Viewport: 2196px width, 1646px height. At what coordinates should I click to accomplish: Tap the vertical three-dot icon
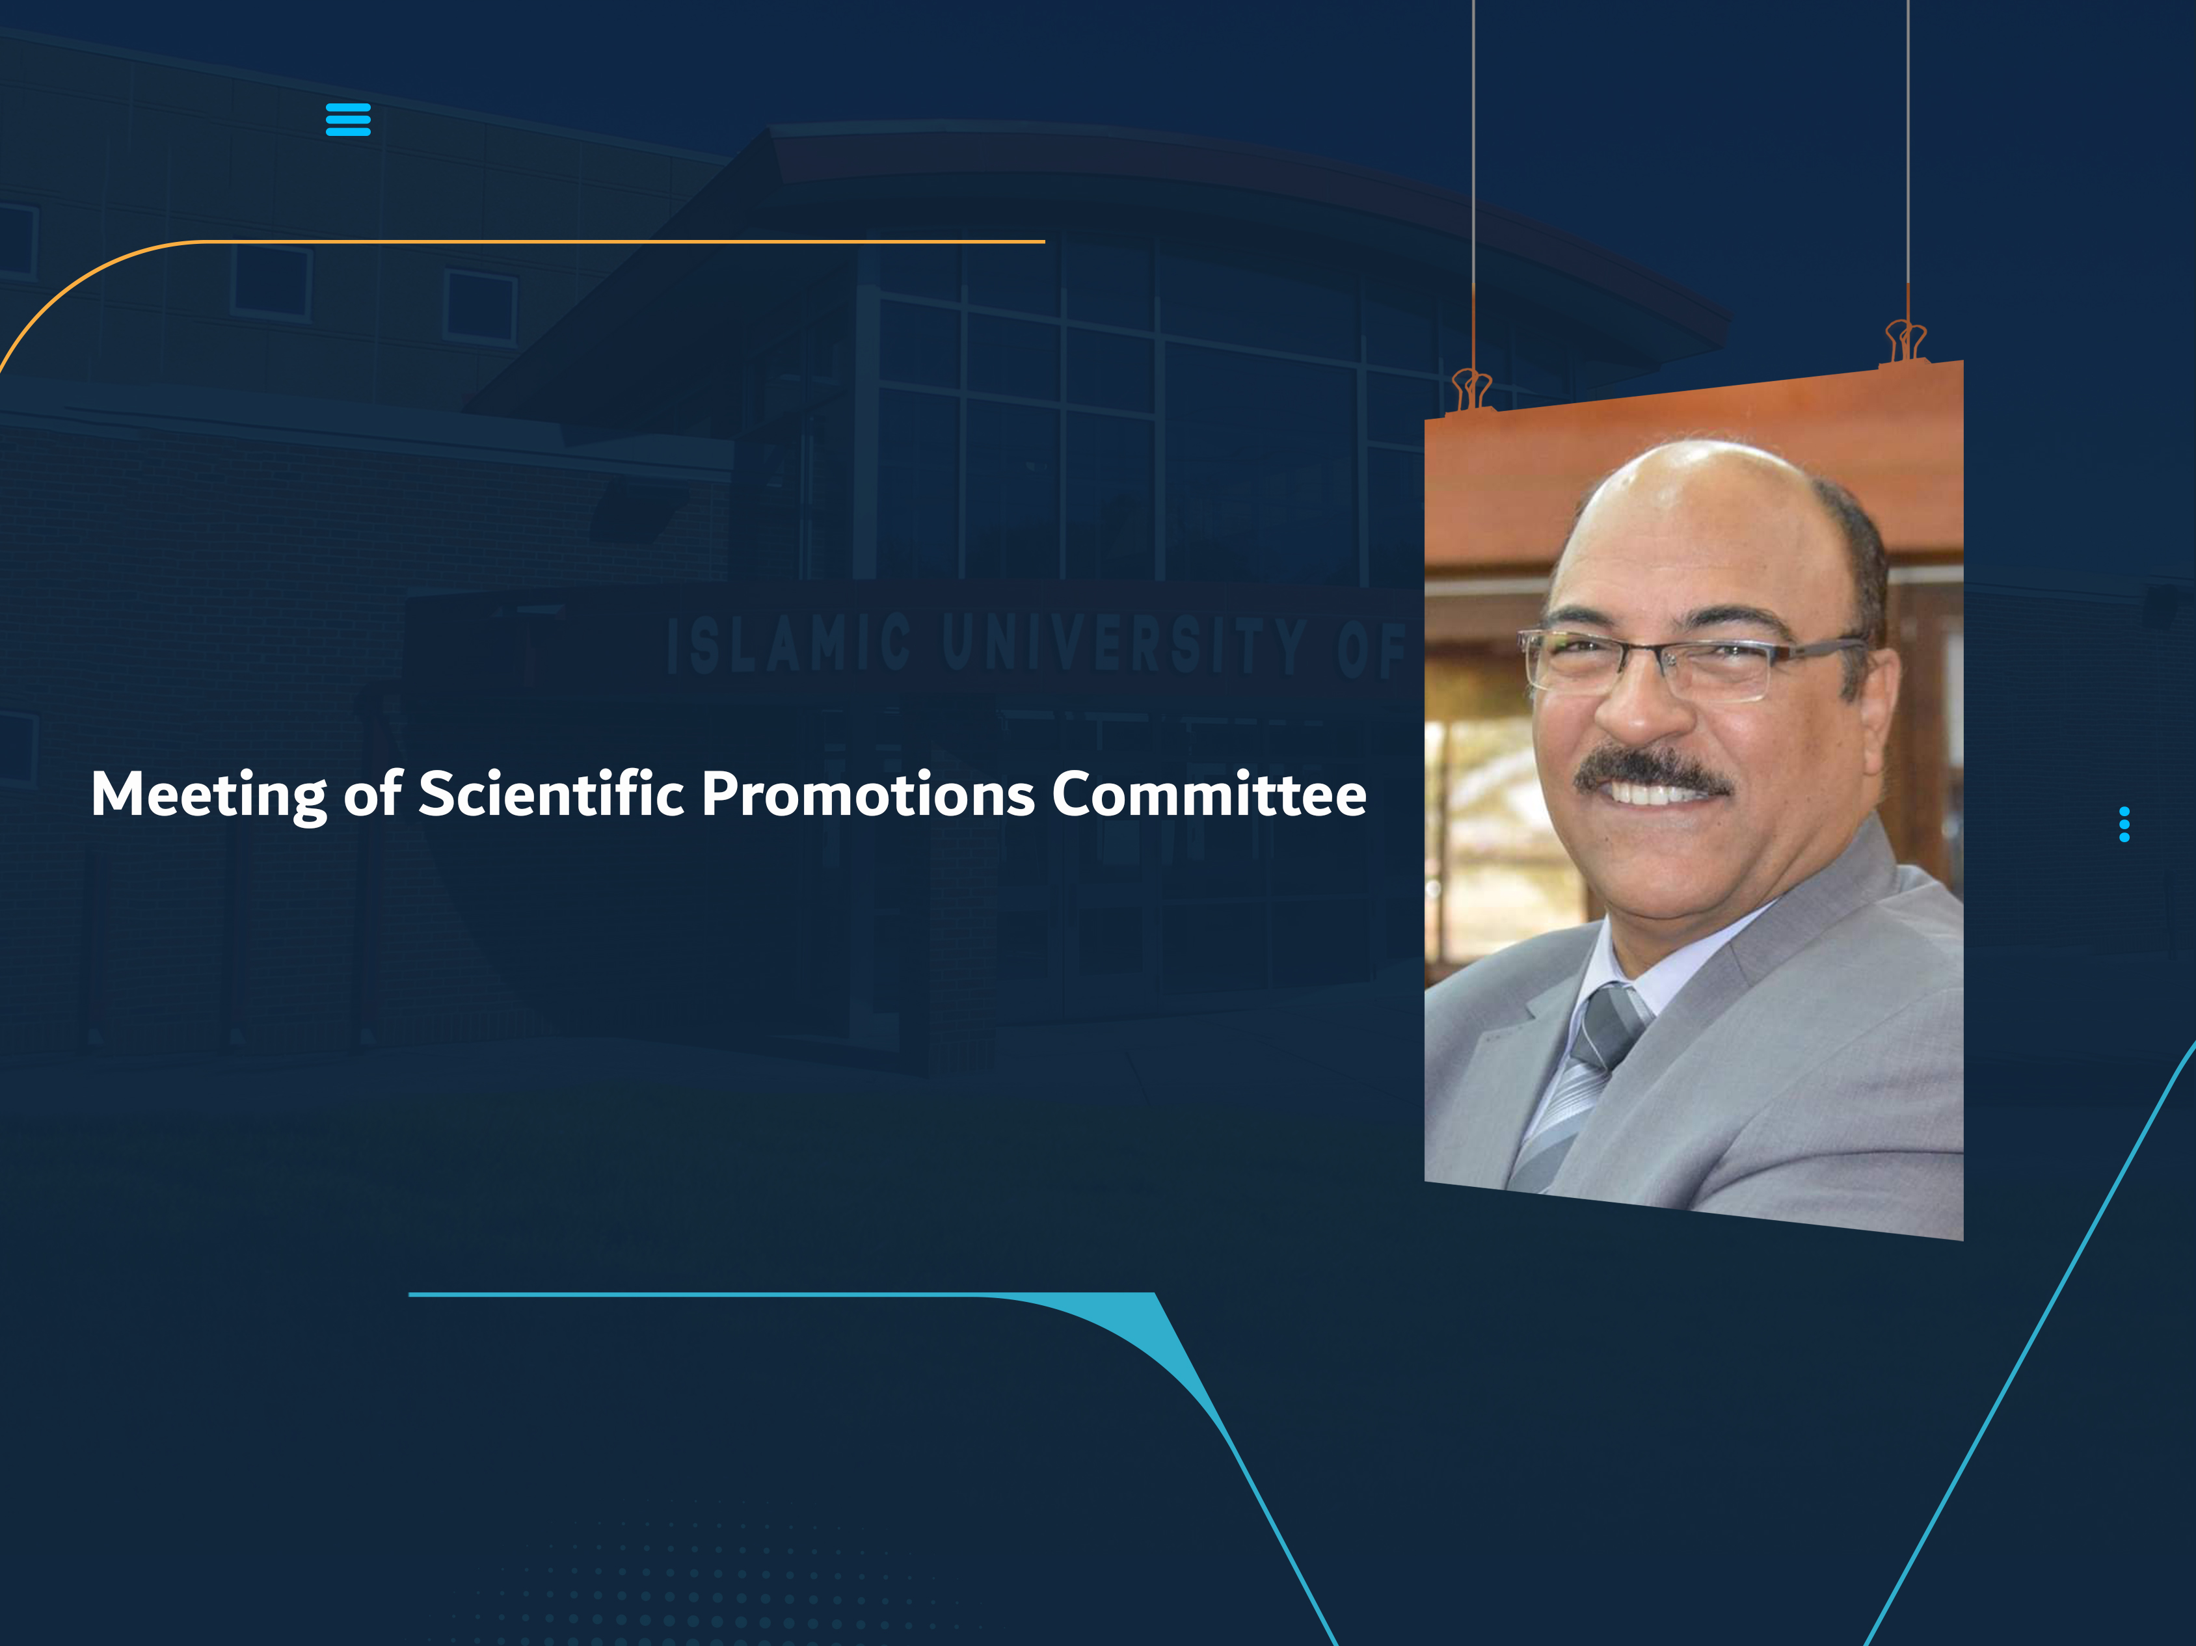[2124, 824]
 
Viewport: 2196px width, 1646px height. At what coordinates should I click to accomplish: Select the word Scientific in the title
[551, 793]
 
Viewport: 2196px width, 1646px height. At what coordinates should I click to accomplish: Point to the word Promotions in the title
[868, 794]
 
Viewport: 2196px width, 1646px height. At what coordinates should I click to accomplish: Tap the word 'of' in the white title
[372, 793]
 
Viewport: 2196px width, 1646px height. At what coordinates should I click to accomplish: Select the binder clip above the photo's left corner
[1471, 389]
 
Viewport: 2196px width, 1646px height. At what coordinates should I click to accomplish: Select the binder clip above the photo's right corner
[1905, 341]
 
